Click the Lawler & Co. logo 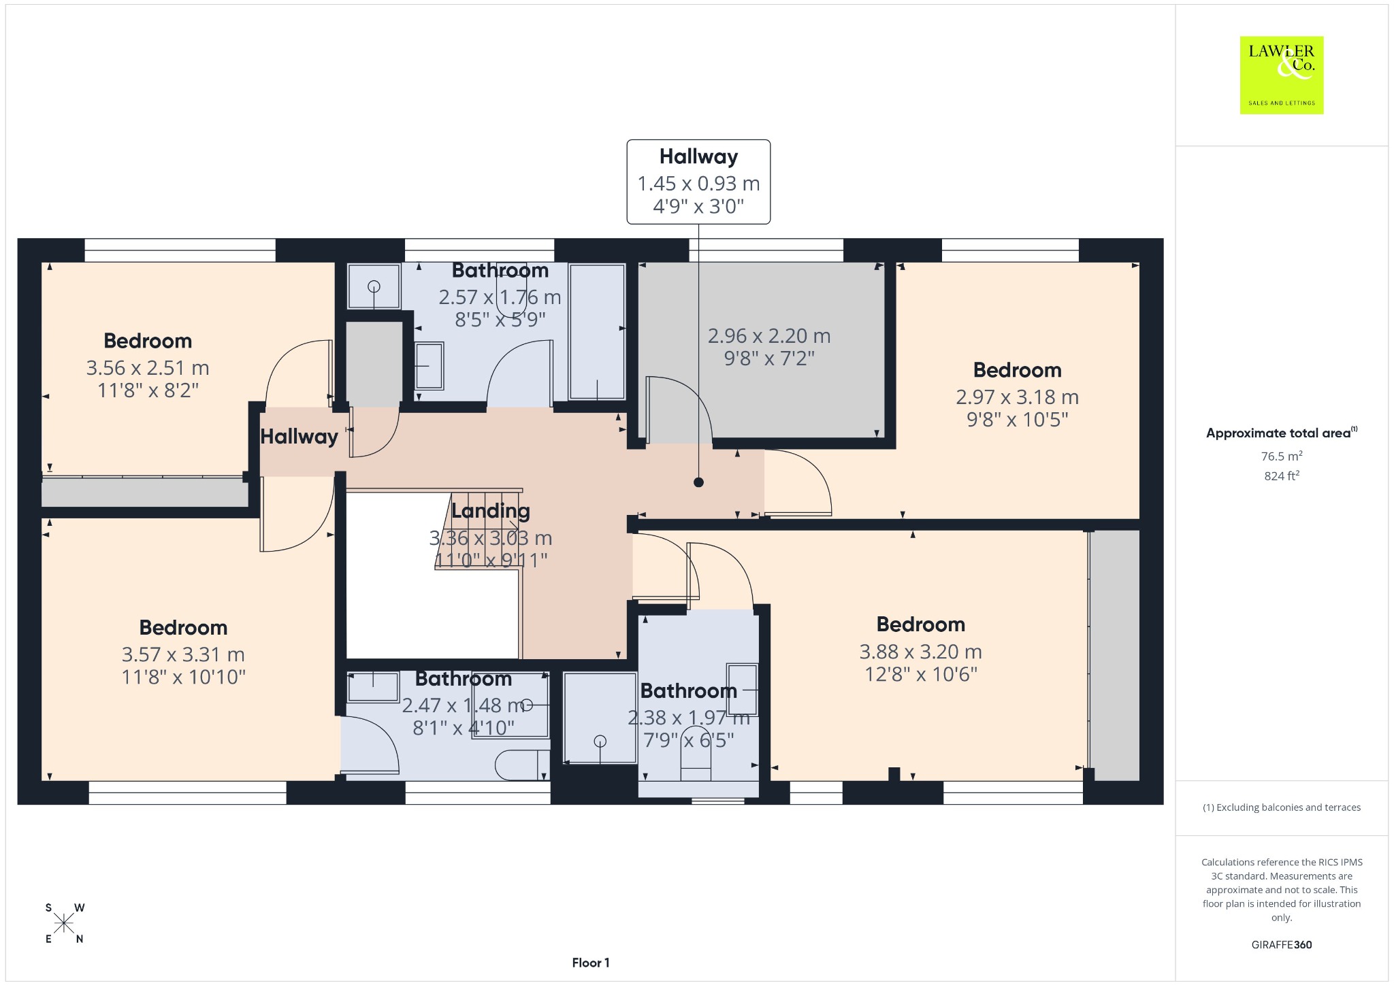click(x=1282, y=76)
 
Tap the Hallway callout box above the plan click(x=698, y=182)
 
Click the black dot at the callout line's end click(x=698, y=482)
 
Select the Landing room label click(x=490, y=511)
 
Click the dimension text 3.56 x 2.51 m click(x=148, y=368)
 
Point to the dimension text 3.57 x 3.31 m click(x=183, y=654)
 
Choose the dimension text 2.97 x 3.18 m click(x=1017, y=397)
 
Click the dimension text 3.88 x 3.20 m click(x=920, y=652)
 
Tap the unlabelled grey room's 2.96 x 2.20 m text click(x=769, y=336)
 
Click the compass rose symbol click(x=65, y=923)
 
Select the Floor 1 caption click(x=591, y=963)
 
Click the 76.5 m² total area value click(x=1282, y=456)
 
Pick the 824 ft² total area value click(x=1282, y=475)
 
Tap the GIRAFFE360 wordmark click(x=1282, y=944)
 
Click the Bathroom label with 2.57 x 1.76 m click(x=500, y=271)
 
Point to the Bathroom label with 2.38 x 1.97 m click(x=689, y=691)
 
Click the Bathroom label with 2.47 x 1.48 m click(x=464, y=679)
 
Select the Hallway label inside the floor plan click(x=299, y=437)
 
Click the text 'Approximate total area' click(x=1278, y=433)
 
